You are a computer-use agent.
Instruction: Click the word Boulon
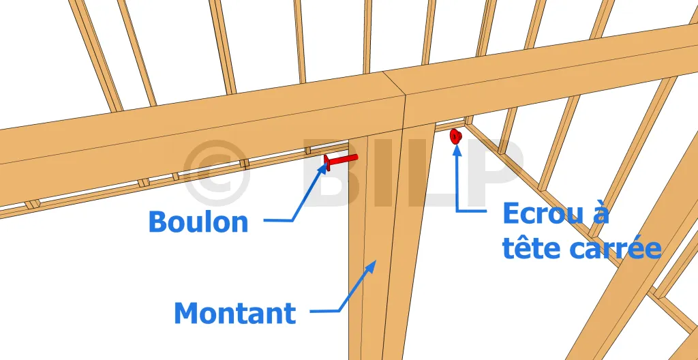(198, 222)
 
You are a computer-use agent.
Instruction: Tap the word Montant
(234, 313)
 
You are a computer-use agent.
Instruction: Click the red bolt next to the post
(341, 162)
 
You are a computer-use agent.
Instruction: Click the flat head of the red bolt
(327, 163)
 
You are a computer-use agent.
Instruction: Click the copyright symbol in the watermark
(217, 173)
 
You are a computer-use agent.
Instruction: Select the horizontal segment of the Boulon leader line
(278, 220)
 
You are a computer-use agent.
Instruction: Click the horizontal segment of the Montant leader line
(324, 311)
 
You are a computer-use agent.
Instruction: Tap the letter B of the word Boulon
(157, 222)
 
